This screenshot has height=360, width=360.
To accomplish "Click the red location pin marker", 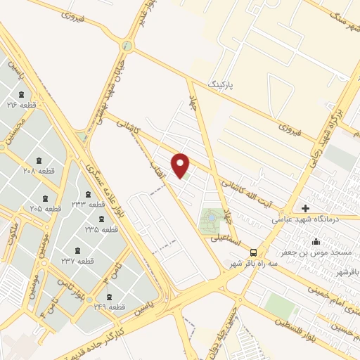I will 181,165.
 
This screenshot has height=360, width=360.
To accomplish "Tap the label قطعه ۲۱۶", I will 21,105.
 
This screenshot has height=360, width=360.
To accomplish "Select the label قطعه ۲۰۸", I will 39,170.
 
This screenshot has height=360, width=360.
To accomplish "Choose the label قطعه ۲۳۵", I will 101,229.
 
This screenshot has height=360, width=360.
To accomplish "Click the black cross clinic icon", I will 305,208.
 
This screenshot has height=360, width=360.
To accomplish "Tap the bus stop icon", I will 253,252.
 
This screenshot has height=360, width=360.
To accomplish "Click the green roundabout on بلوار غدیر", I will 127,46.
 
